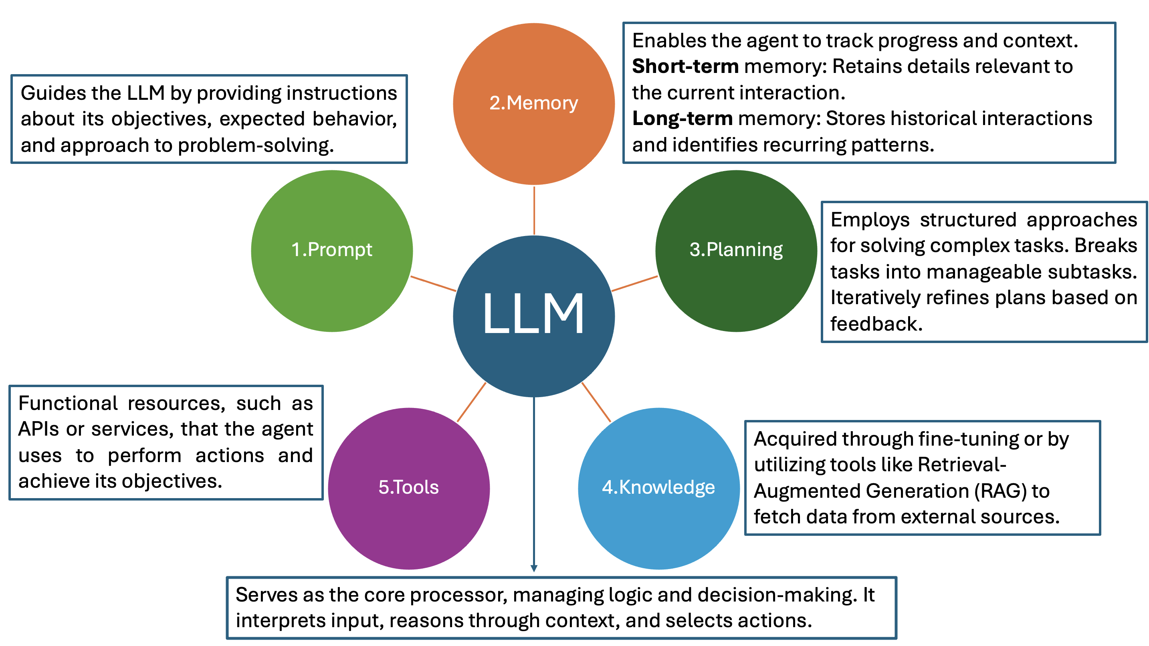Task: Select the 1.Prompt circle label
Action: tap(331, 250)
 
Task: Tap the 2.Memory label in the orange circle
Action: tap(533, 103)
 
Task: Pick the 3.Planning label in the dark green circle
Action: tap(736, 250)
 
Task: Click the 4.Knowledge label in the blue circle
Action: tap(658, 487)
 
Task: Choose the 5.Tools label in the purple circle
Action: tap(408, 487)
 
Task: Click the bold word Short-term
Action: tap(685, 67)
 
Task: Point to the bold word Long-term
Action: tap(682, 119)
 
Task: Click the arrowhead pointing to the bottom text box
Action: tap(534, 568)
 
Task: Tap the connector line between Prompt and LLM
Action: tap(433, 284)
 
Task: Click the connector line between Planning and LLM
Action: tap(634, 284)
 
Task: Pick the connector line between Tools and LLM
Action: tap(471, 402)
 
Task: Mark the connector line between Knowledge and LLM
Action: tap(596, 402)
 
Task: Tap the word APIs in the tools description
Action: tap(38, 429)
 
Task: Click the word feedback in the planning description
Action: tap(876, 324)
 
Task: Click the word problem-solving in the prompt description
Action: tap(256, 146)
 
